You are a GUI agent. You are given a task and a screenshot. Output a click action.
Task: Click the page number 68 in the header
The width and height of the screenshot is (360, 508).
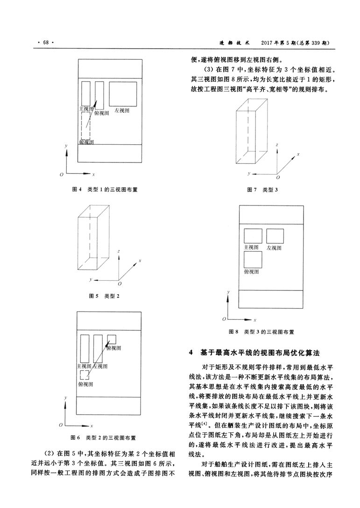coord(45,42)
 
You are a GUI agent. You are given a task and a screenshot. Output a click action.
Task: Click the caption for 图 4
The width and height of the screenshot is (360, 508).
coord(104,190)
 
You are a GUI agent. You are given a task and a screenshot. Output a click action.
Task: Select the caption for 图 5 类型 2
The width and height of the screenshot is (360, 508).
coord(104,296)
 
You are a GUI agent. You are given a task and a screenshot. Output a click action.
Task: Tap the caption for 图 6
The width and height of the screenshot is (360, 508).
coord(103,437)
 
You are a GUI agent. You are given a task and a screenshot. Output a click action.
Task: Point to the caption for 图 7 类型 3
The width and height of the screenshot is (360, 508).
coord(262,190)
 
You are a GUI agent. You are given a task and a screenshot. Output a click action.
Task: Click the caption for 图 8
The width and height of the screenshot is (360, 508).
coord(261,332)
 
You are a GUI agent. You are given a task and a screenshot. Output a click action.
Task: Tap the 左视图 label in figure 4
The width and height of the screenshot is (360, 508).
coord(122,111)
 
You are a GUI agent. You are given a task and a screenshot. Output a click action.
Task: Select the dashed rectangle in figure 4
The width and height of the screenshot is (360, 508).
coord(85,126)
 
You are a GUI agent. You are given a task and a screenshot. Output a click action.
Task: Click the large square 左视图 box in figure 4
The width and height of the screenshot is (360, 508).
coord(123,94)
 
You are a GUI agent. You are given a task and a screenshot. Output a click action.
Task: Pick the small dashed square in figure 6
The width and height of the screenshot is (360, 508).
coord(84,375)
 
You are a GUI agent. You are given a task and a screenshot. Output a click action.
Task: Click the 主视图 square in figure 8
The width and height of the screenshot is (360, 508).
coord(253,236)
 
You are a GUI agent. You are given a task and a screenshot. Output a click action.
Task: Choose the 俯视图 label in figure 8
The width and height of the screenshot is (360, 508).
coord(252,271)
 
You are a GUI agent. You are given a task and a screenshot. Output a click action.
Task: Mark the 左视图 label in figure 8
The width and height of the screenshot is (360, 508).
coord(274,248)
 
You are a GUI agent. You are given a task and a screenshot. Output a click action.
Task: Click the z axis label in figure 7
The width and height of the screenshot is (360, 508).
coord(277,145)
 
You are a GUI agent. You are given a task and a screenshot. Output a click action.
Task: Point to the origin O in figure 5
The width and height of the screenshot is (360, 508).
coord(120,284)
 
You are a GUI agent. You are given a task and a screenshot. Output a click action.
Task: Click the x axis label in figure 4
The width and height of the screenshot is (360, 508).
coord(93,175)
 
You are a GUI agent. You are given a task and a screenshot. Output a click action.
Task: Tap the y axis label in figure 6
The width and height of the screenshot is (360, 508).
coord(66,398)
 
